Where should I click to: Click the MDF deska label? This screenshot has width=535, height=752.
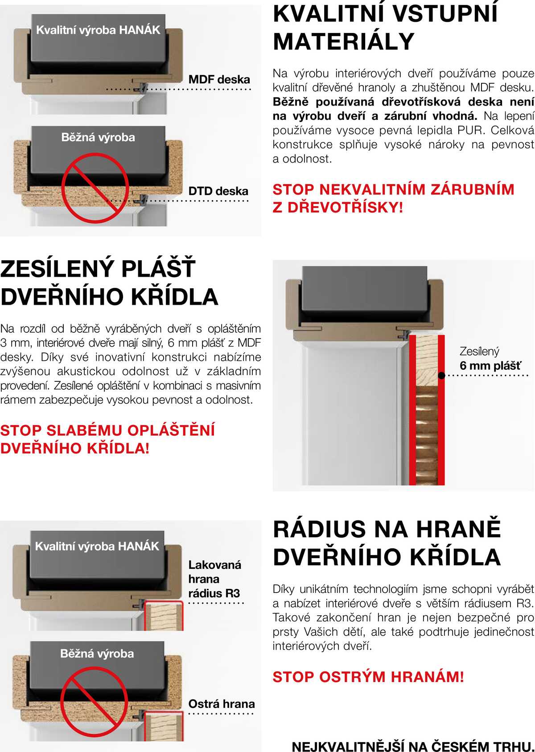click(x=219, y=80)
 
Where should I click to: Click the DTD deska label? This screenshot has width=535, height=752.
click(x=218, y=191)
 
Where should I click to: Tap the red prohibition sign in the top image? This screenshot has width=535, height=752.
click(x=95, y=188)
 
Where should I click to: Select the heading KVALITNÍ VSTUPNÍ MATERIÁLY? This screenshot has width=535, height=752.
click(x=385, y=27)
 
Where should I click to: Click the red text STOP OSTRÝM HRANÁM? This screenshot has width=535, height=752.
click(x=368, y=677)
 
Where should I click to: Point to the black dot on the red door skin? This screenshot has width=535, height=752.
click(x=441, y=376)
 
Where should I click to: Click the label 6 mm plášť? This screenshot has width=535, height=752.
click(x=490, y=366)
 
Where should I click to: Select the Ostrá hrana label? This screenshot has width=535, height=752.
click(x=222, y=704)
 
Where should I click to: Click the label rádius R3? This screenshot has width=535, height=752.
click(x=214, y=593)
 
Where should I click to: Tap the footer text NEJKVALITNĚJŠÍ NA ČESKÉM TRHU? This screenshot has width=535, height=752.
click(x=412, y=746)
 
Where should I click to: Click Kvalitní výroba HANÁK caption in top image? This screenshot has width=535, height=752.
click(x=98, y=30)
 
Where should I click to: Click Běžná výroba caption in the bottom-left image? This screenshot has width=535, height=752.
click(x=97, y=654)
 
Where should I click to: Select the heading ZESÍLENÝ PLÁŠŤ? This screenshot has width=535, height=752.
click(x=98, y=269)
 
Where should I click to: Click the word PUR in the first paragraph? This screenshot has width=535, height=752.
click(x=466, y=130)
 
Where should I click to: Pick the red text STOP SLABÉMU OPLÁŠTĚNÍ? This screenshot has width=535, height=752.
click(x=107, y=430)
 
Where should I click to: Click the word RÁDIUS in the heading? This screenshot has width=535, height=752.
click(x=320, y=529)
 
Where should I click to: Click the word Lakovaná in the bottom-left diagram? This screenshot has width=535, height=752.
click(x=214, y=565)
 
